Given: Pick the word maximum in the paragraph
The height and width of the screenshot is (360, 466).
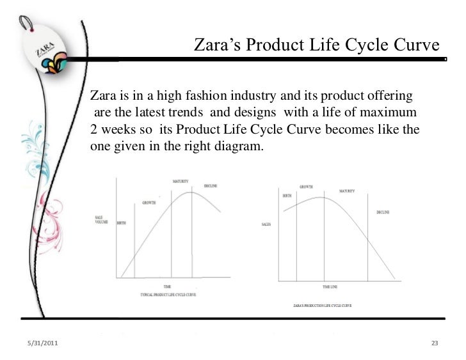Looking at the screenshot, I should tap(390, 113).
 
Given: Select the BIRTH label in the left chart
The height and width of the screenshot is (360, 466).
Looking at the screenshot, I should tap(120, 224).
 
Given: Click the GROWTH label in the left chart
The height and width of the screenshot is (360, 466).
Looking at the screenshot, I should tap(149, 203).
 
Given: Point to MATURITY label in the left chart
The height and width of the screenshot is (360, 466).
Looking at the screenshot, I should tap(180, 182).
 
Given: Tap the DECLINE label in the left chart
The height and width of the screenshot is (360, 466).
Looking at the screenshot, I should tap(211, 186).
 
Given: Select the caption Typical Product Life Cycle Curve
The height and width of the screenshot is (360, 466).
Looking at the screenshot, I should tap(168, 293).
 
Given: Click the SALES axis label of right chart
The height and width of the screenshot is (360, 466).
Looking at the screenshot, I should tap(267, 225).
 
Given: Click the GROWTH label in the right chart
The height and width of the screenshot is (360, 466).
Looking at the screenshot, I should tap(306, 187).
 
